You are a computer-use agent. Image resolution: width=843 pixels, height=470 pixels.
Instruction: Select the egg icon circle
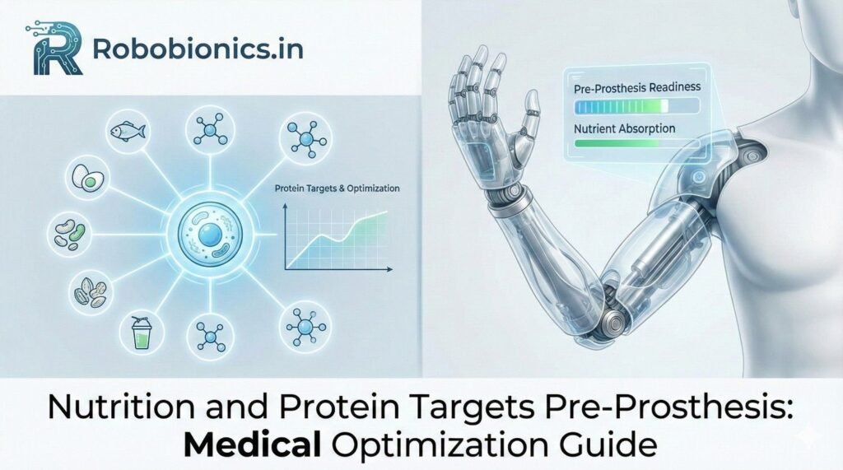pyautogui.click(x=86, y=176)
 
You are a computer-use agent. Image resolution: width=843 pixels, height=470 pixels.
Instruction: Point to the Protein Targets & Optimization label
pyautogui.click(x=336, y=188)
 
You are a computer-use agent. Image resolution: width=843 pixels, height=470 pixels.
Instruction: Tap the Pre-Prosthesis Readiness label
pyautogui.click(x=633, y=85)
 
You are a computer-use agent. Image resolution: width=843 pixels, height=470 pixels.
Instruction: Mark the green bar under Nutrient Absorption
pyautogui.click(x=632, y=143)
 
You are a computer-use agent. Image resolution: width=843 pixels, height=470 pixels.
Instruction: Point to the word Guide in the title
pyautogui.click(x=618, y=444)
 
